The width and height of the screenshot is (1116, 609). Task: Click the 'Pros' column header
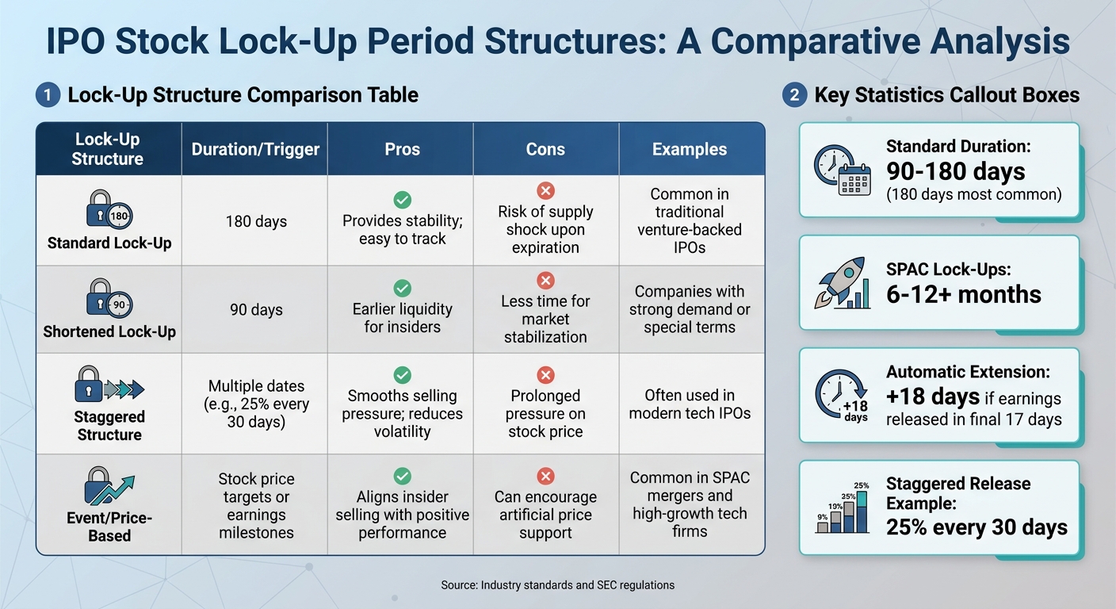[402, 149]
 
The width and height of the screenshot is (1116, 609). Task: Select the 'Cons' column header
[545, 149]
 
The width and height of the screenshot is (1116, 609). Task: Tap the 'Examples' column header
[690, 149]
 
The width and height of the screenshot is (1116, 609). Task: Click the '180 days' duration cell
[255, 221]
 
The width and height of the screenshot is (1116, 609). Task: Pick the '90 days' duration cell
[255, 309]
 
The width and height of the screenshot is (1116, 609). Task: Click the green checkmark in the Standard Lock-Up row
[402, 200]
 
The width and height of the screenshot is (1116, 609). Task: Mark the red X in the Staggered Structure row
[545, 374]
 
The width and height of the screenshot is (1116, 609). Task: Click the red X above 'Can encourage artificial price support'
[545, 476]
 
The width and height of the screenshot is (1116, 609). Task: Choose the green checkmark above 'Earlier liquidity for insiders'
[402, 288]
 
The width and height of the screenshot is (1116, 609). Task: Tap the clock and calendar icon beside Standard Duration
[842, 170]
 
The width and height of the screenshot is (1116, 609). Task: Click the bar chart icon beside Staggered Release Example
[842, 507]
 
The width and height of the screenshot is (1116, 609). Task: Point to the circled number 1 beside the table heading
[47, 95]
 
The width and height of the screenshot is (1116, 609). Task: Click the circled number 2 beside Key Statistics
[793, 95]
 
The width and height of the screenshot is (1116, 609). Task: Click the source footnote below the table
[557, 585]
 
